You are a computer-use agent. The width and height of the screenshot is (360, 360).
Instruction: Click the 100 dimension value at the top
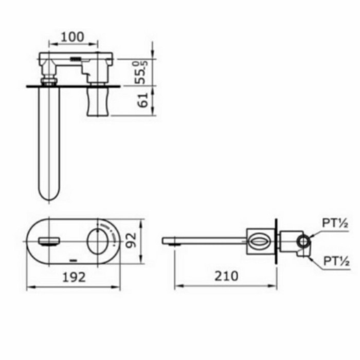[x=73, y=38]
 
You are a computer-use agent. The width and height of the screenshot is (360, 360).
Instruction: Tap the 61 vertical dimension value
[x=144, y=100]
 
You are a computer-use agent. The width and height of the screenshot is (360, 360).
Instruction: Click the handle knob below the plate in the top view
[x=97, y=101]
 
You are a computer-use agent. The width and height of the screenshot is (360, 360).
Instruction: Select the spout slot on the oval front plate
[x=49, y=240]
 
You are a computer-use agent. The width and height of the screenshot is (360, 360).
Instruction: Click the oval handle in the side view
[x=258, y=241]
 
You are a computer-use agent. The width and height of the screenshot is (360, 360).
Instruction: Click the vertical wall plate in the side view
[x=276, y=241]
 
